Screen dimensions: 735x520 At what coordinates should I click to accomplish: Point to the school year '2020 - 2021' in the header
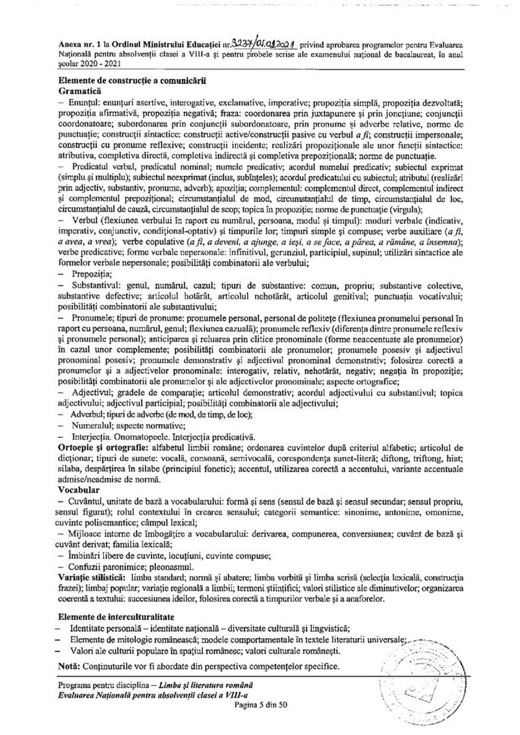pyautogui.click(x=98, y=65)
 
